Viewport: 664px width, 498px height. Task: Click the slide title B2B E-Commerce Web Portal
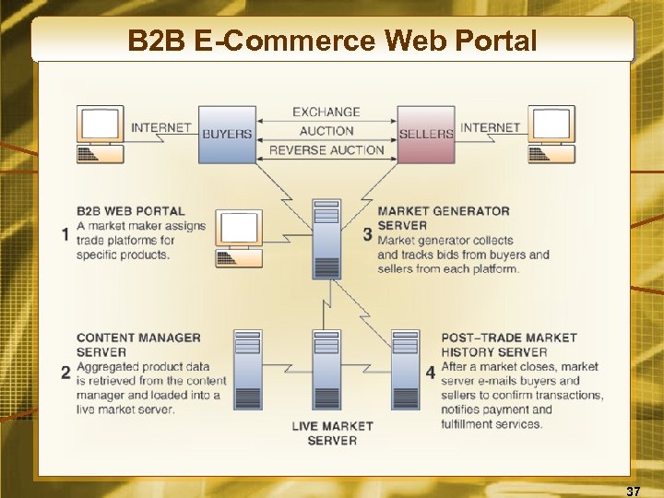[332, 41]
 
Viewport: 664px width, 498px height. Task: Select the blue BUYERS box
[227, 135]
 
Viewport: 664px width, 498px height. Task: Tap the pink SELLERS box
[426, 135]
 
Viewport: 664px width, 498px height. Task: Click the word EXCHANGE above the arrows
[326, 112]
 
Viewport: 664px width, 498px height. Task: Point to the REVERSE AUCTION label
[326, 150]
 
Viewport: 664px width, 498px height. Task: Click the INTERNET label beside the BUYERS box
[161, 127]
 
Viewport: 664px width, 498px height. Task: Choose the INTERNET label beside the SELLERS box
[491, 127]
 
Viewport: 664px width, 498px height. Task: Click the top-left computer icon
[101, 135]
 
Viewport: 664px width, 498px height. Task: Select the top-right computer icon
[551, 135]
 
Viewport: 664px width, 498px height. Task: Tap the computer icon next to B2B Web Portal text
[239, 238]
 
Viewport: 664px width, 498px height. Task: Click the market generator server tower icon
[327, 239]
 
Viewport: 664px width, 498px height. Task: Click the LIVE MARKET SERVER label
[332, 433]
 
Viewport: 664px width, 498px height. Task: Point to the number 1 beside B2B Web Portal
[65, 234]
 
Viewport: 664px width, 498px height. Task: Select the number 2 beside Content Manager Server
[65, 373]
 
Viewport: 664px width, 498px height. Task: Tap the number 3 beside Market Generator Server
[367, 234]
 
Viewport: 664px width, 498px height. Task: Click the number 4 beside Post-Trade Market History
[431, 373]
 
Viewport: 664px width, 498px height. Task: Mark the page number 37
[633, 489]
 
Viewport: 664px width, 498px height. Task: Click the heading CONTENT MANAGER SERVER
[138, 345]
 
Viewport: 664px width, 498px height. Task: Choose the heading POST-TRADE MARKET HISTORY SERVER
[509, 345]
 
